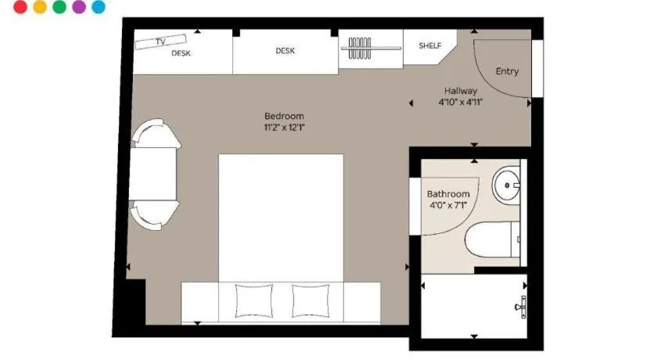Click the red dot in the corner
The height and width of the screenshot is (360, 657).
[20, 7]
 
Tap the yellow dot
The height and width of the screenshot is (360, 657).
[40, 7]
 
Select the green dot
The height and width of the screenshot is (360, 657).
[59, 7]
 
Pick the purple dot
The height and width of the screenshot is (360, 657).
[79, 7]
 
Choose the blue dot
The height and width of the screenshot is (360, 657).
[99, 7]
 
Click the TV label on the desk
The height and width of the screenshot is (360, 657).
[160, 41]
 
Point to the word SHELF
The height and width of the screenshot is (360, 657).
[430, 45]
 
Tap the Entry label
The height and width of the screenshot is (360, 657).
[507, 71]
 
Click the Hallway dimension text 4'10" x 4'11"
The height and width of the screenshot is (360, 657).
[461, 102]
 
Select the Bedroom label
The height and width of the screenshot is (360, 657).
[284, 116]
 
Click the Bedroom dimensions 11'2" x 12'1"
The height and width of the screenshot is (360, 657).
[284, 128]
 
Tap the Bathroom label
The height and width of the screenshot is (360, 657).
[448, 194]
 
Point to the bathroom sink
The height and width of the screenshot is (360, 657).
[506, 185]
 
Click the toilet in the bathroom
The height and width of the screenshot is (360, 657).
[492, 239]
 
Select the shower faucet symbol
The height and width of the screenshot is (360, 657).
[521, 308]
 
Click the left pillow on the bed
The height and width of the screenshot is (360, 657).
[254, 301]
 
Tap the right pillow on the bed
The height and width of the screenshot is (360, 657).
[311, 301]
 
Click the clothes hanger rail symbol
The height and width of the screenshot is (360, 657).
[371, 49]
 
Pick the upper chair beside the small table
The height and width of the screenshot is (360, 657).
[156, 133]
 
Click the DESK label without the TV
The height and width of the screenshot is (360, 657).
[285, 51]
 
